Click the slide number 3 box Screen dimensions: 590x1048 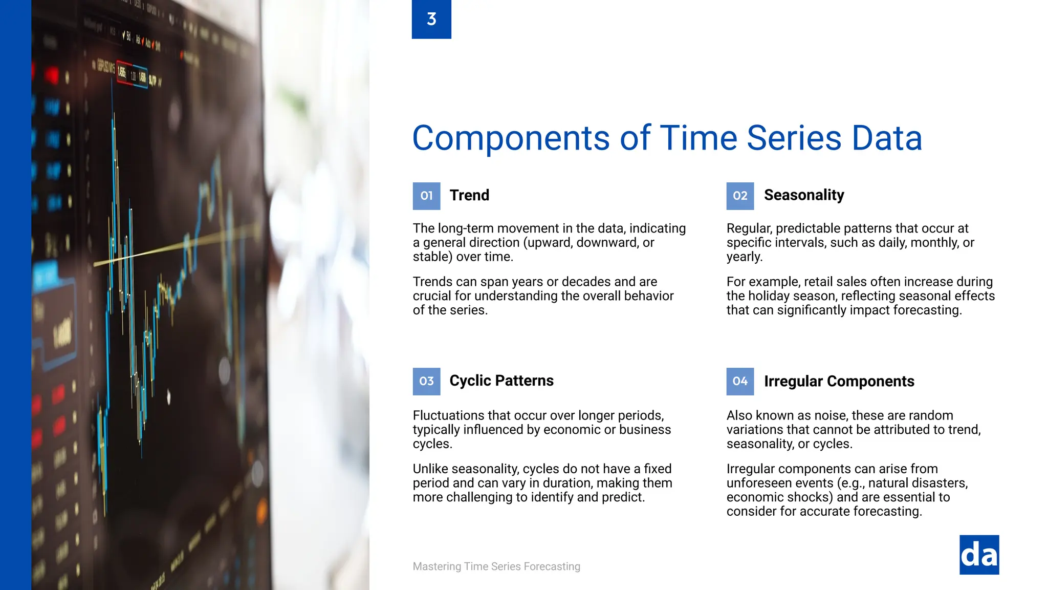(x=431, y=19)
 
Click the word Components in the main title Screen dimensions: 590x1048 (x=511, y=138)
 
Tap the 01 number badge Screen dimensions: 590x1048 (x=426, y=196)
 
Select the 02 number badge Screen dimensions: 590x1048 (x=740, y=196)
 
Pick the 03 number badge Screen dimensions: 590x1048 (x=426, y=381)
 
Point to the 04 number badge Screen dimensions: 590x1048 (x=740, y=381)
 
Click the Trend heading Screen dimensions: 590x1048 (x=469, y=195)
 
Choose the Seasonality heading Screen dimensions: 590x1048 (x=803, y=195)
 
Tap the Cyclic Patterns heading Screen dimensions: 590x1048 (x=501, y=381)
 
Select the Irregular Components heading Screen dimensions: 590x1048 (x=839, y=381)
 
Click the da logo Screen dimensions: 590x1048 (x=979, y=555)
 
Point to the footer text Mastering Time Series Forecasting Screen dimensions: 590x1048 (x=496, y=566)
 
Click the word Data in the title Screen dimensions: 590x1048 (x=886, y=138)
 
